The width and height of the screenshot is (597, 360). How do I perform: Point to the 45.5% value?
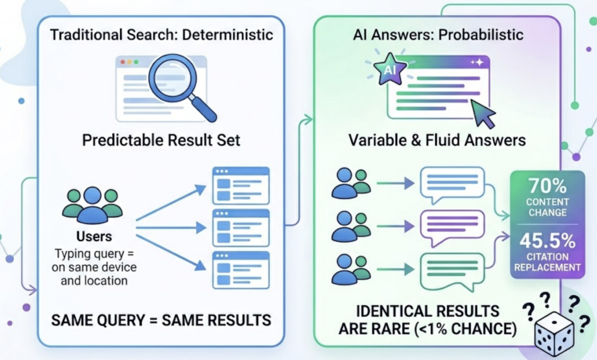pyautogui.click(x=547, y=241)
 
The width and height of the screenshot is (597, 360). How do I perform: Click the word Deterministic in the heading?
pyautogui.click(x=228, y=34)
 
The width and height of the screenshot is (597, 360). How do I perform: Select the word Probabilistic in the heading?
pyautogui.click(x=479, y=34)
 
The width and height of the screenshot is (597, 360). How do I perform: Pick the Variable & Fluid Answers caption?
pyautogui.click(x=437, y=140)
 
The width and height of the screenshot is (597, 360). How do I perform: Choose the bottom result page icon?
pyautogui.click(x=241, y=270)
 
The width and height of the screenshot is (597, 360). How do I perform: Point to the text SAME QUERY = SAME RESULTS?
pyautogui.click(x=161, y=319)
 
